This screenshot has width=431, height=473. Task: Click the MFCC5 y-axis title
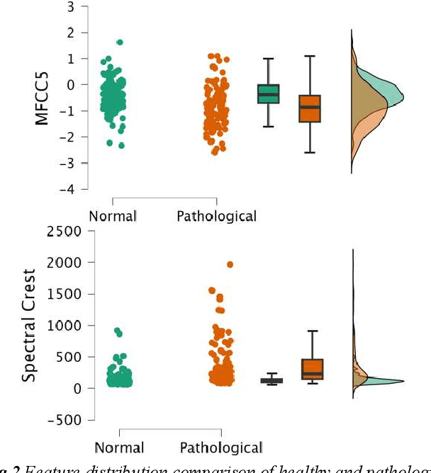(x=42, y=98)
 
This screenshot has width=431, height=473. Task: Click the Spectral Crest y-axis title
(x=29, y=325)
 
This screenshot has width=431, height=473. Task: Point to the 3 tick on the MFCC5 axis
(x=70, y=6)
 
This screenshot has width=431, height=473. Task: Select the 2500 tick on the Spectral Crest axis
(x=61, y=231)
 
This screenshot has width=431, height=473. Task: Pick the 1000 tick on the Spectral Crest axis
(x=61, y=326)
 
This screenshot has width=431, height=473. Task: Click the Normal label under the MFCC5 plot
(x=112, y=215)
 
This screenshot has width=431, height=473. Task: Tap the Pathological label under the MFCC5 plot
(x=216, y=215)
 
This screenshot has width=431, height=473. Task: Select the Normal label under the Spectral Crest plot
(x=119, y=448)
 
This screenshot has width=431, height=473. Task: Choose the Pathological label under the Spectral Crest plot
(x=220, y=448)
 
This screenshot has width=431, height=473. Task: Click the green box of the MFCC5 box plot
(x=268, y=93)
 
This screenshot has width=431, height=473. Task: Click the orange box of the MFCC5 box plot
(x=310, y=108)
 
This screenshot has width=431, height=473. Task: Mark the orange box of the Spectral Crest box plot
(x=313, y=369)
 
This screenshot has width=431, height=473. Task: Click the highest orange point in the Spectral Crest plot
(x=230, y=265)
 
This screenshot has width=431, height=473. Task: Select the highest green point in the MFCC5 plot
(x=119, y=42)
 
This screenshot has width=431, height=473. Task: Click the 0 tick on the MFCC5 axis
(x=70, y=85)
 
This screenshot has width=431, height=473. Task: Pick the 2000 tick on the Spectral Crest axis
(x=61, y=263)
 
